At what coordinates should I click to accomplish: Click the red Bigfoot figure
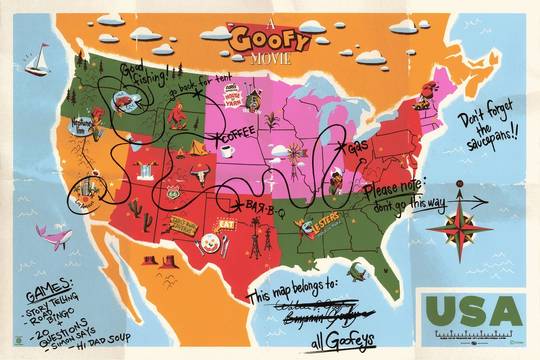pos(178,117)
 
